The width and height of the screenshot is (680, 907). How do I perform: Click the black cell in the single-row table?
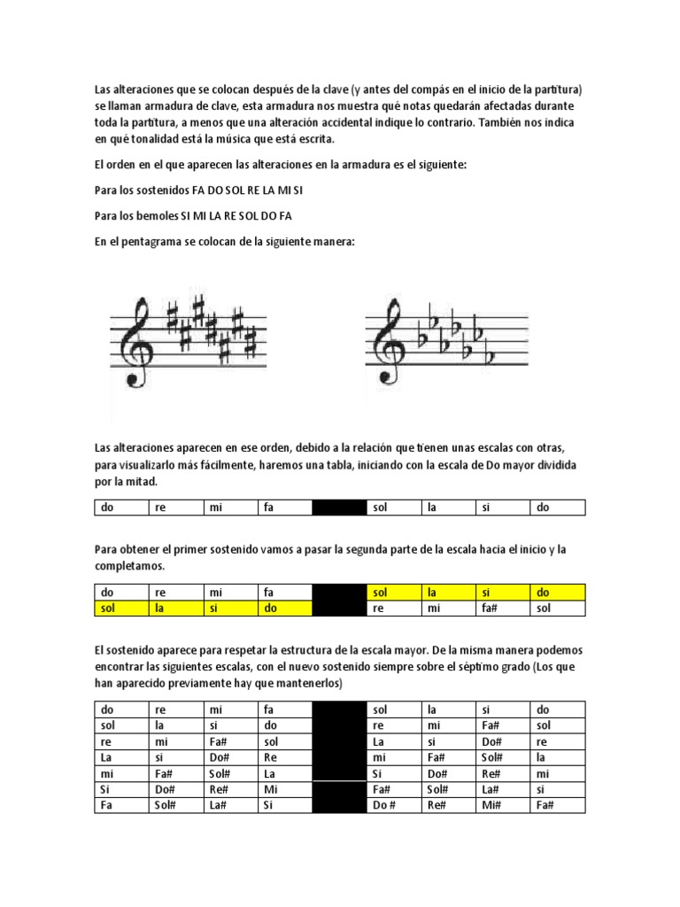(x=338, y=508)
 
